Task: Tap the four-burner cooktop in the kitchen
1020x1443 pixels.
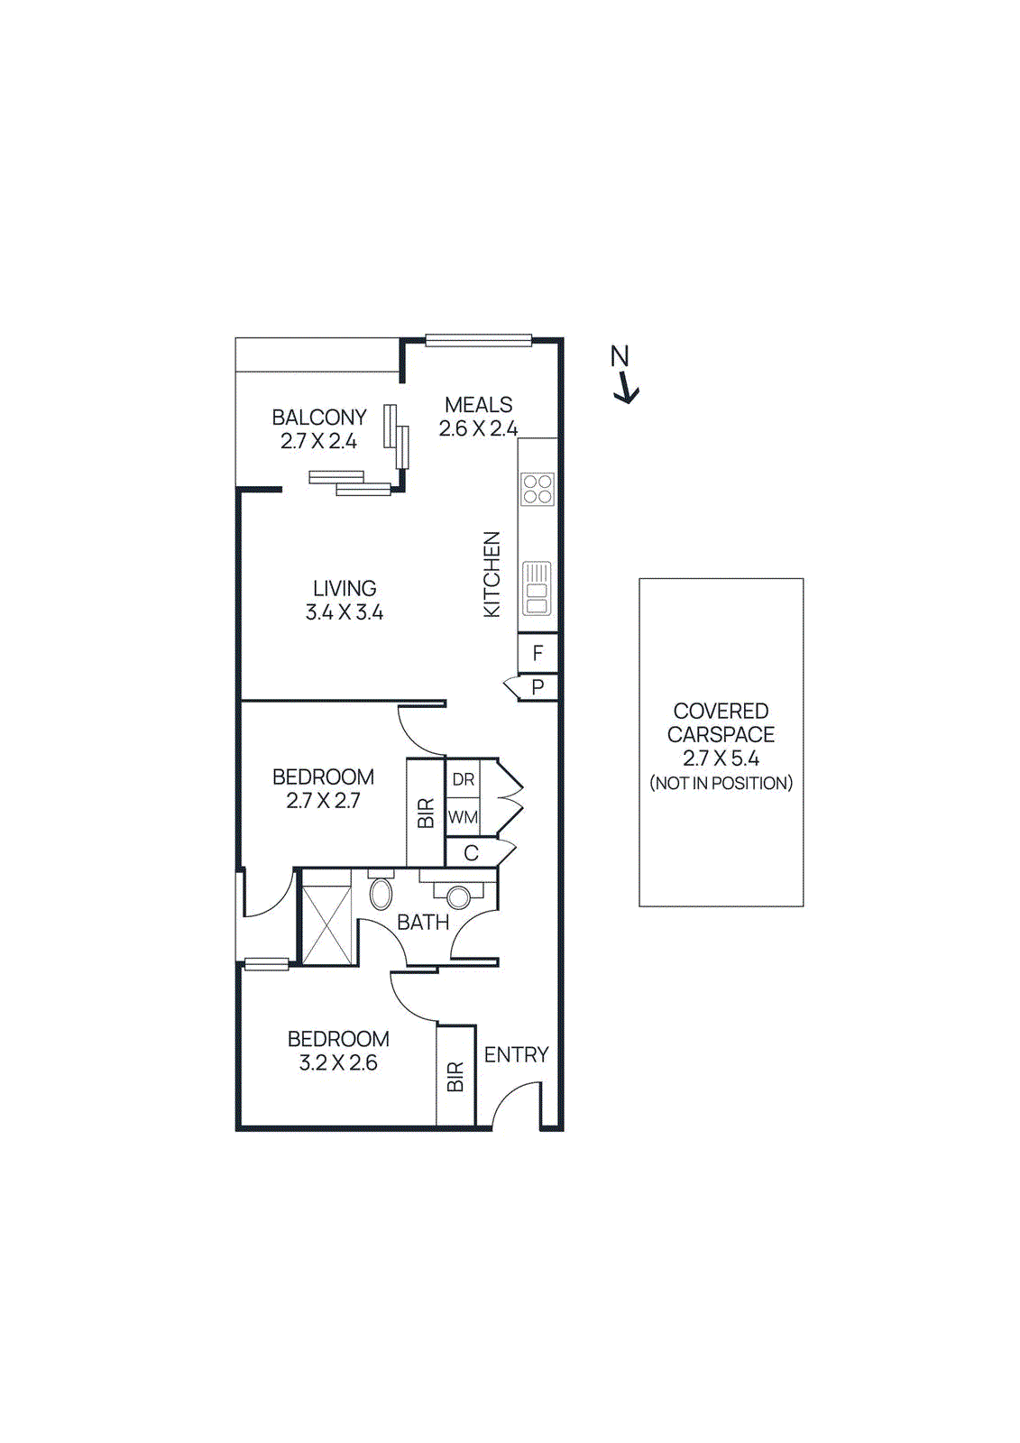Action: (x=538, y=489)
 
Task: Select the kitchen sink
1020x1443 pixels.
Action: (x=537, y=589)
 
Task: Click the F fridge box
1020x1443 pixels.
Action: (x=538, y=653)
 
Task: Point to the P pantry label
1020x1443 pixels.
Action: (x=538, y=687)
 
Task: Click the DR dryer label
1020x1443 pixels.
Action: (x=464, y=779)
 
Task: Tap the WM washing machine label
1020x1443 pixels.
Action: (x=463, y=818)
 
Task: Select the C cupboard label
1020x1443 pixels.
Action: (x=471, y=853)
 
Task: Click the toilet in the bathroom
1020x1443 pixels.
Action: (x=381, y=891)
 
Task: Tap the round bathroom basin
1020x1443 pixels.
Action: (x=459, y=896)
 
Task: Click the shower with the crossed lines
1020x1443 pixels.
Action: (x=326, y=925)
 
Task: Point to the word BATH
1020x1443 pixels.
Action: (x=423, y=923)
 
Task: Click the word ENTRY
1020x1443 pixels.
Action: (x=516, y=1054)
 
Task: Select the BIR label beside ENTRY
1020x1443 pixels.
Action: (x=455, y=1077)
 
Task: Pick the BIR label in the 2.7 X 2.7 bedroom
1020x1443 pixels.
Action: (x=426, y=813)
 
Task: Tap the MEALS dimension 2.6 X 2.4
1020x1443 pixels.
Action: (x=478, y=429)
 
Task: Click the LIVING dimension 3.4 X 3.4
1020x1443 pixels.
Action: (x=344, y=612)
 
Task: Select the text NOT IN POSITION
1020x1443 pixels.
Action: (x=721, y=784)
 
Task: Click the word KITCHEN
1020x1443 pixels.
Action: (x=492, y=574)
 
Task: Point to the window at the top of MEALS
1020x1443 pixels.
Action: (x=479, y=340)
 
